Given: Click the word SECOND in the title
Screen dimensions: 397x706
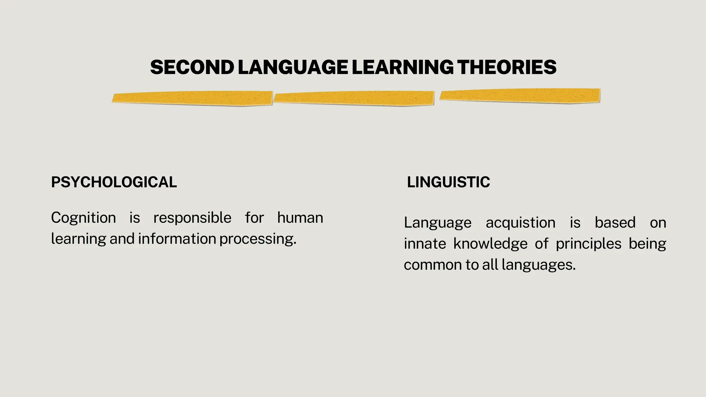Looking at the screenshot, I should (x=192, y=67).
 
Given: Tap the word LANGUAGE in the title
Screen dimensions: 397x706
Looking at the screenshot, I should (x=293, y=67).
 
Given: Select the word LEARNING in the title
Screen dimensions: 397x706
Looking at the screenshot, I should (x=402, y=67).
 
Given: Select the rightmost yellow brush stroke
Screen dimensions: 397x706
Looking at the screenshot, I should (x=520, y=95).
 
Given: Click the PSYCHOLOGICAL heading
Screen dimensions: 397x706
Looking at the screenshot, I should (x=114, y=182).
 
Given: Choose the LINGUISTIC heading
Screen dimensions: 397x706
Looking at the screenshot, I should (x=448, y=182).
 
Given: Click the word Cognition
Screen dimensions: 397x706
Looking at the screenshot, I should (x=83, y=218).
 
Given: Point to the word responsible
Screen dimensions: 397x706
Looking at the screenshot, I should (x=192, y=218).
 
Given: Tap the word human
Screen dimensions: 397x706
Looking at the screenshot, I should (x=300, y=218).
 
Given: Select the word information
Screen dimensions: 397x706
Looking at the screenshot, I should (x=177, y=239).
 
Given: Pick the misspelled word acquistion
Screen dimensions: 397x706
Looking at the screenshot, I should (x=521, y=223).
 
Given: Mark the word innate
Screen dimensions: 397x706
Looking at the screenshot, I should (x=425, y=244).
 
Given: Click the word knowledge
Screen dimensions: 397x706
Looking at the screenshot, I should (x=490, y=244).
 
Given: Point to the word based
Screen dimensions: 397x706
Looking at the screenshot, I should (x=615, y=223).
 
